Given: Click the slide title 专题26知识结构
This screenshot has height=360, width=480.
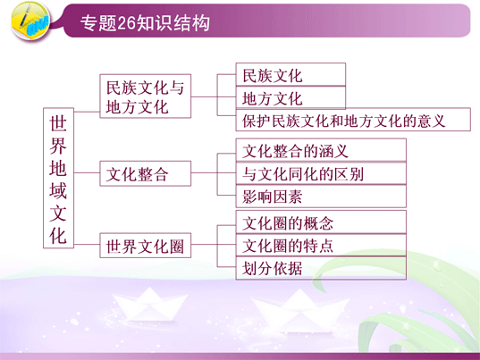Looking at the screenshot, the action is [145, 23].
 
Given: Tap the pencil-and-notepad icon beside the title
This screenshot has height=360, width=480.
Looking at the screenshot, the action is [30, 21].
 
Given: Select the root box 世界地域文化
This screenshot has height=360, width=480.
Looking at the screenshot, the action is [58, 178].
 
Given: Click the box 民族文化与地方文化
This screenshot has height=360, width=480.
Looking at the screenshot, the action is [146, 96].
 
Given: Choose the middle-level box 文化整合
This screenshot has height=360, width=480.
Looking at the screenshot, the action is [146, 173].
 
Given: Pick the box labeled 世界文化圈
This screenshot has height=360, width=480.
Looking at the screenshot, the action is [146, 246].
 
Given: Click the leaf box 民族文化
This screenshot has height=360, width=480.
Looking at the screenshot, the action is [291, 75].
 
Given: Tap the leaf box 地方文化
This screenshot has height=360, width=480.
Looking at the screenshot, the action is [291, 98].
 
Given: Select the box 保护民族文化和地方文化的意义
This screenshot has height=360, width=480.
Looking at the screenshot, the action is [353, 120].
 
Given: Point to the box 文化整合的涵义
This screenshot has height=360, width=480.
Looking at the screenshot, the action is [321, 150].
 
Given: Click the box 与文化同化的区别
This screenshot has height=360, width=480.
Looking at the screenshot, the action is [321, 173].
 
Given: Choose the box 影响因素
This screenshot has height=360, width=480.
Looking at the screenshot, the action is [321, 197].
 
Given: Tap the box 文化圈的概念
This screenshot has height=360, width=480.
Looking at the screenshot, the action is [321, 222].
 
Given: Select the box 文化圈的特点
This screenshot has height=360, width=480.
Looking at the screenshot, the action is [321, 246].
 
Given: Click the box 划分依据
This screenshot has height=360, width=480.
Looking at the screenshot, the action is [321, 268].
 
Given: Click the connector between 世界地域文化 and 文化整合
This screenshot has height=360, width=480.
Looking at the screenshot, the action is [87, 173].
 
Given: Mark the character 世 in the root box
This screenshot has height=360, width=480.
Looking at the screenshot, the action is [58, 123].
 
